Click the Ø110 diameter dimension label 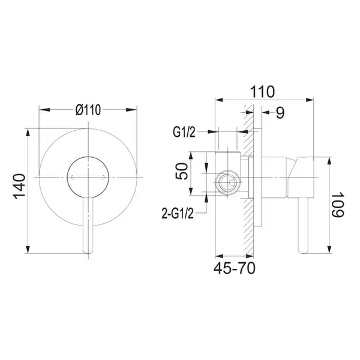click(88, 110)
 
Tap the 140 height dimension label click(19, 187)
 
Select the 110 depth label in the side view click(262, 92)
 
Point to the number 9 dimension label click(280, 113)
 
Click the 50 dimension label click(181, 171)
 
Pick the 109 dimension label click(338, 205)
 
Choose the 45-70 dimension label click(234, 268)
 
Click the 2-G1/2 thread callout click(178, 213)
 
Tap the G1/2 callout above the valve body click(184, 132)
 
